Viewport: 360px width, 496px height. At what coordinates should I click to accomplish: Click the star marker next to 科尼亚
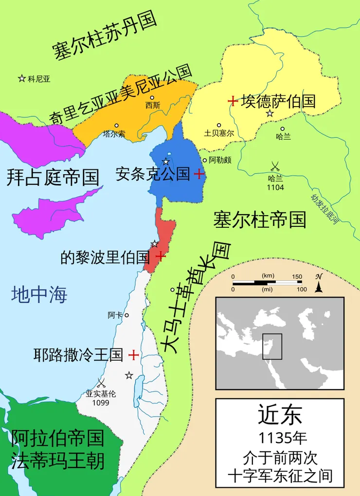point(22,78)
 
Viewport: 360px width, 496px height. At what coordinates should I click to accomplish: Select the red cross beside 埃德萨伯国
point(233,101)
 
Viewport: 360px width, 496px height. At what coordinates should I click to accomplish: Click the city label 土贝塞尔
point(219,133)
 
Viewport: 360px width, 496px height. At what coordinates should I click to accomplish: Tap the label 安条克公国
point(153,174)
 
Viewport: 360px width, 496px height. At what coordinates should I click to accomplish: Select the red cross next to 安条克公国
point(198,174)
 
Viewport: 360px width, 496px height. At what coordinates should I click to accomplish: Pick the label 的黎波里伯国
point(105,257)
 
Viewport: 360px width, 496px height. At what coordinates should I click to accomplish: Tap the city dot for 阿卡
point(126,315)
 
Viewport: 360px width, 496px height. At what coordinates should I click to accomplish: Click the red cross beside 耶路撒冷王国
point(133,355)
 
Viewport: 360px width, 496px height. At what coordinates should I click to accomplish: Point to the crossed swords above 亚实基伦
point(101,382)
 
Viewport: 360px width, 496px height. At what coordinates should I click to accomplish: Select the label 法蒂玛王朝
point(57,460)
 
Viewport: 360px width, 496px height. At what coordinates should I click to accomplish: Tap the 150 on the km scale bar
point(297,276)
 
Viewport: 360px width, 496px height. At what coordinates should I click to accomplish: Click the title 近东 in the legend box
point(280,415)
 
